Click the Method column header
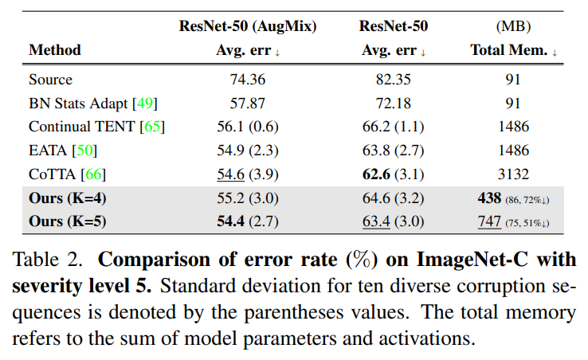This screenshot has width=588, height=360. [x=55, y=50]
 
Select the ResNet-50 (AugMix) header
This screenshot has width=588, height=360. [x=248, y=26]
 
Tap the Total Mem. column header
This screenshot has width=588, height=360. [x=509, y=50]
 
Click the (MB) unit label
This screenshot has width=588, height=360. [x=513, y=26]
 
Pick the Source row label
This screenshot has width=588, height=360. [x=51, y=80]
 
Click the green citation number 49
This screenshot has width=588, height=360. [x=145, y=103]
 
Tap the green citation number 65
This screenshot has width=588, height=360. [x=152, y=127]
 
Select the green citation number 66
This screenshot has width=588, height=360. [x=93, y=174]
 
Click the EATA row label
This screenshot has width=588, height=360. [x=48, y=151]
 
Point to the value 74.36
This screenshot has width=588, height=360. [x=248, y=80]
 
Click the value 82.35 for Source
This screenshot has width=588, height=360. [x=394, y=80]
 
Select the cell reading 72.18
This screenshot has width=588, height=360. [x=394, y=103]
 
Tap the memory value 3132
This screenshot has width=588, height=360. [x=513, y=174]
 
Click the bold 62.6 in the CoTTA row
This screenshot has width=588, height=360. [x=376, y=174]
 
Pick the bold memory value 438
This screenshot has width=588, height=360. [x=489, y=198]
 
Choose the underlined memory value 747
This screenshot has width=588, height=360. [x=489, y=221]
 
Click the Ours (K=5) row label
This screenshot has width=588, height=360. [x=68, y=221]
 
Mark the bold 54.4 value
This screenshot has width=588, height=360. [x=230, y=221]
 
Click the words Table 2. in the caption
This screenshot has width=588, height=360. [x=47, y=260]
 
